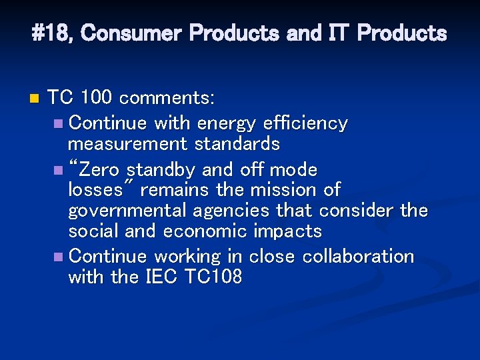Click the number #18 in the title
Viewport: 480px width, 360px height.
pyautogui.click(x=53, y=33)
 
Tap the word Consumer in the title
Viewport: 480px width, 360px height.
pyautogui.click(x=131, y=33)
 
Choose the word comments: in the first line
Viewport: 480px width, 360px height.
pyautogui.click(x=167, y=99)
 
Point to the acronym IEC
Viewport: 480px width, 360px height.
pyautogui.click(x=161, y=277)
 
